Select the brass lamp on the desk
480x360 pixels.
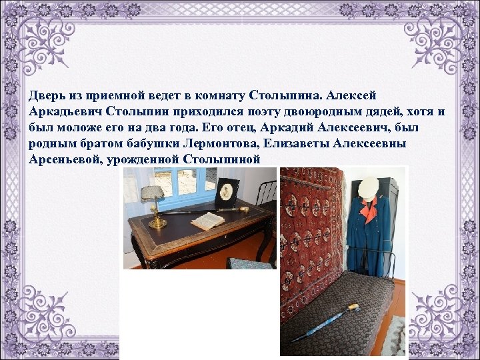(153, 200)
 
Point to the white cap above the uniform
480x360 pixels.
(367, 189)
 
